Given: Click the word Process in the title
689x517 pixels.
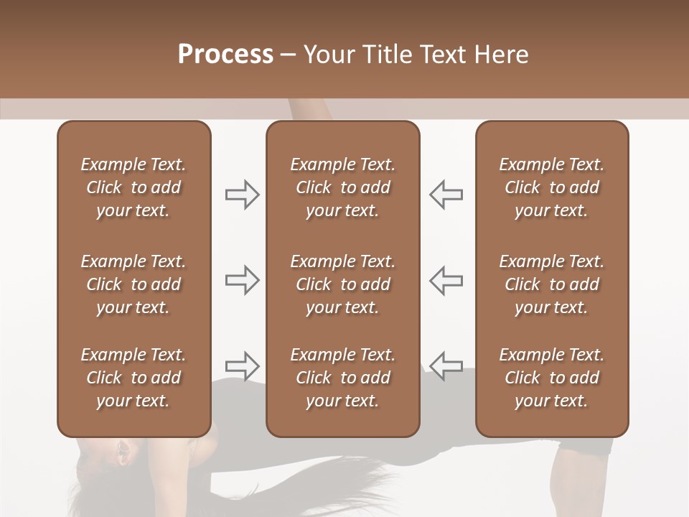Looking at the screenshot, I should pos(225,55).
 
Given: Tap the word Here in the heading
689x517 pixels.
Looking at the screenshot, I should pos(500,55).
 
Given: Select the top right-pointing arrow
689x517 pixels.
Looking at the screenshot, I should pos(243,195).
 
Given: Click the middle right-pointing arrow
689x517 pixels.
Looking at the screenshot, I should pos(243,280).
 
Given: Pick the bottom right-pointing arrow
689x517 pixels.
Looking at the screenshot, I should pos(243,365).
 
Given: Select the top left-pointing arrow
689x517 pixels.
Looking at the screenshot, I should pos(446,195).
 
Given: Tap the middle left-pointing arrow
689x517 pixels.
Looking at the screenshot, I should pos(446,280).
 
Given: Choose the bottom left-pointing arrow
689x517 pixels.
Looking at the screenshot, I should pos(446,365).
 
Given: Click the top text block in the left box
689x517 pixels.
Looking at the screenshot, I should pos(133,187).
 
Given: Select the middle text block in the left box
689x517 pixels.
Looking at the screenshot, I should pos(133,284).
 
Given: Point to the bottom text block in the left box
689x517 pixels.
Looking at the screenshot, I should pos(133,378).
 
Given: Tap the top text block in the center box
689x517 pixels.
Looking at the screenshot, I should pos(343,187).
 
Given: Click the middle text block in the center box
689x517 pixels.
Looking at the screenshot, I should pos(343,284).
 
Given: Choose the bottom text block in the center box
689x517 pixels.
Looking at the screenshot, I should pos(343,378).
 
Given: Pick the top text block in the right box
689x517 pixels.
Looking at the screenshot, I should pos(552,187).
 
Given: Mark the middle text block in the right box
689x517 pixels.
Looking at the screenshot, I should pos(552,284).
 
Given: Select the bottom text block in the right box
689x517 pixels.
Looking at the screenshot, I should pos(552,378).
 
